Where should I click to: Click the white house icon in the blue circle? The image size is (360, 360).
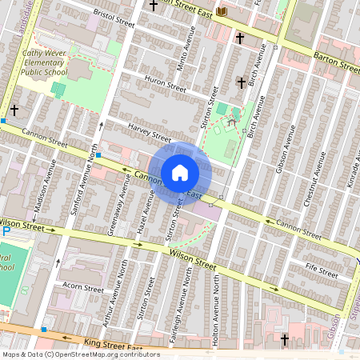coord(180,172)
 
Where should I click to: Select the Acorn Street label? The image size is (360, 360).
coord(83,288)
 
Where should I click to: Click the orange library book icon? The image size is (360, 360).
coord(222,11)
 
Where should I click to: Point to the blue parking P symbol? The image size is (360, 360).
coord(6,231)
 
